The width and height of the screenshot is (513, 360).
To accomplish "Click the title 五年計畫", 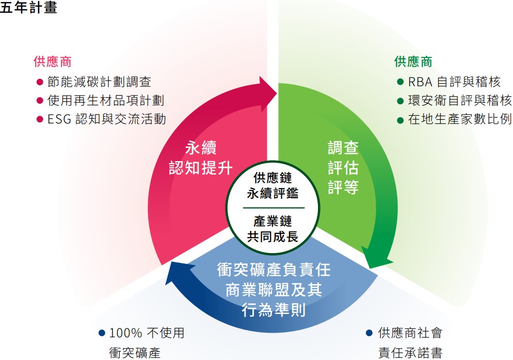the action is tap(28, 7).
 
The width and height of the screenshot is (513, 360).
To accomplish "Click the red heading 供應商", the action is tap(52, 61).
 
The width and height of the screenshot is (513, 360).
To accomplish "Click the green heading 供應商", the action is tap(413, 61).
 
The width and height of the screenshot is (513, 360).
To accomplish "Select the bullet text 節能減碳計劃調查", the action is tap(99, 82).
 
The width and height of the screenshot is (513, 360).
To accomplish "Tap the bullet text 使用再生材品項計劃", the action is tap(106, 101).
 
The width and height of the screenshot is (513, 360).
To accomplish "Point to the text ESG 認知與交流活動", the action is tap(107, 119).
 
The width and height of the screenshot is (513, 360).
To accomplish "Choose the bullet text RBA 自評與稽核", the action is tap(455, 82).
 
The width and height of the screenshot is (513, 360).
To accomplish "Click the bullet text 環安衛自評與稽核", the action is tap(460, 101).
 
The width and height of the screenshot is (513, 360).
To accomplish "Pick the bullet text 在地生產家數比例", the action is tap(460, 119).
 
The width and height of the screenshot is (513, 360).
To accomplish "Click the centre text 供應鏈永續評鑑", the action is tap(272, 186).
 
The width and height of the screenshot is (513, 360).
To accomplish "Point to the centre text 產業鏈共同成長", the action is tap(272, 229).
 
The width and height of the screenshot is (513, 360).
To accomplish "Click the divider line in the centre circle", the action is tap(274, 208).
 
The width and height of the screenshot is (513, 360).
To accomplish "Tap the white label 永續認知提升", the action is tap(201, 158).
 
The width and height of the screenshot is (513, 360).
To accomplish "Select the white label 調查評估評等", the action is tap(343, 168).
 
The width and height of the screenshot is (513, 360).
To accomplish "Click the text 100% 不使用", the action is tap(147, 333).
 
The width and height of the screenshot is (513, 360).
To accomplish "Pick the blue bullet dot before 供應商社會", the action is tap(370, 333).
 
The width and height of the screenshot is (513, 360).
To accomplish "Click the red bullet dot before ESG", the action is tap(40, 119).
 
